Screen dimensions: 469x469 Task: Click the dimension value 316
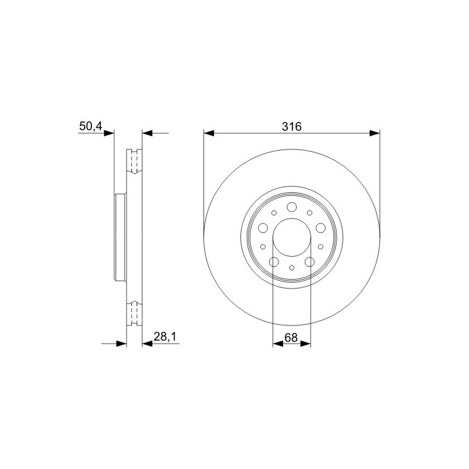pos(291,127)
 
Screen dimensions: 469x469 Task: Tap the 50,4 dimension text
pos(91,126)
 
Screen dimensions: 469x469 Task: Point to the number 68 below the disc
pos(291,338)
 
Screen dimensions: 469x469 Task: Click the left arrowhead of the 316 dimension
pos(209,133)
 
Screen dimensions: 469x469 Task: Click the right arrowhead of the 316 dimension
pos(375,133)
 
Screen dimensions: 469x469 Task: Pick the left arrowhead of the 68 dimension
pos(278,344)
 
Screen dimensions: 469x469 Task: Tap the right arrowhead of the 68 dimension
pos(305,344)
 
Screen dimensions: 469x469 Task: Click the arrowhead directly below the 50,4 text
pos(109,133)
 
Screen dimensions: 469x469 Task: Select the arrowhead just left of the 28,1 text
pos(147,344)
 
